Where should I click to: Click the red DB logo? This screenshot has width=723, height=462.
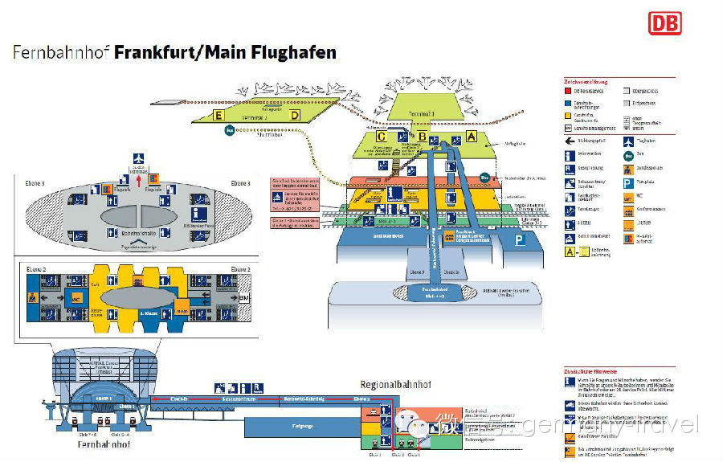tap(664, 22)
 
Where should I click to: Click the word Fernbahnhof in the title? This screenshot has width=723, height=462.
tap(61, 53)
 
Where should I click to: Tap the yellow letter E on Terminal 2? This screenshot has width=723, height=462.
tap(218, 116)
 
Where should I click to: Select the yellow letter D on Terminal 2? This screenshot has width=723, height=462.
tap(295, 115)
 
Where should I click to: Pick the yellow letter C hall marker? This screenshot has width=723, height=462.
tap(382, 137)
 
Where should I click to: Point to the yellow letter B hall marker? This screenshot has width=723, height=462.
tap(423, 137)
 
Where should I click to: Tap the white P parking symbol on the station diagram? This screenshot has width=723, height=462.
tap(521, 239)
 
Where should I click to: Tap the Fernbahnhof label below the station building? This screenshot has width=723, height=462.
tap(105, 444)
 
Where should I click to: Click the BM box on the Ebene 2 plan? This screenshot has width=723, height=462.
tap(243, 296)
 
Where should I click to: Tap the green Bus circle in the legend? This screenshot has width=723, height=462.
tap(628, 155)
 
